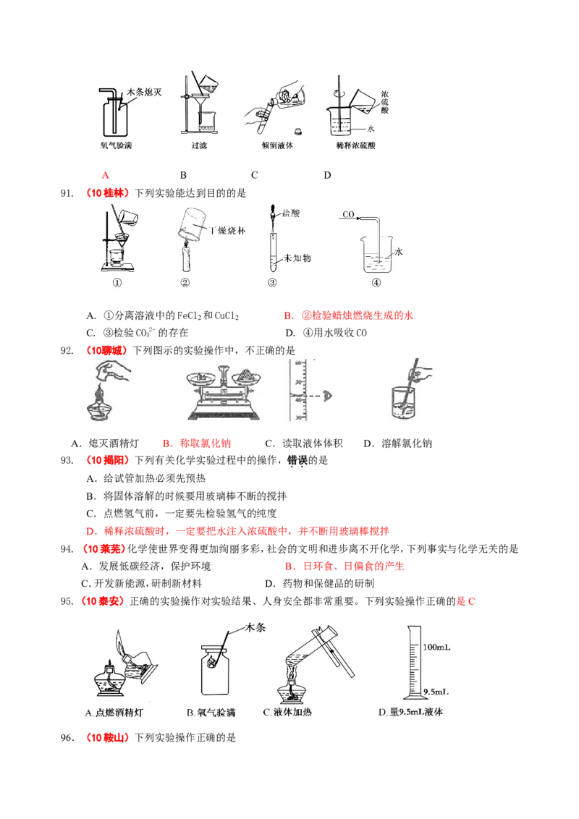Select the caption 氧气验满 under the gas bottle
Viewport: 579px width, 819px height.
[117, 145]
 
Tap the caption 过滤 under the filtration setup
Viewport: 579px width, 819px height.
[199, 145]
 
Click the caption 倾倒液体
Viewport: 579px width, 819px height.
[279, 145]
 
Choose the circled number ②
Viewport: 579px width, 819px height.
[185, 283]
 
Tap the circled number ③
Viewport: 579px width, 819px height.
[272, 283]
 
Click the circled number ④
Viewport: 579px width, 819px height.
[376, 283]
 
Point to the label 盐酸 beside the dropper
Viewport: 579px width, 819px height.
[292, 214]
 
